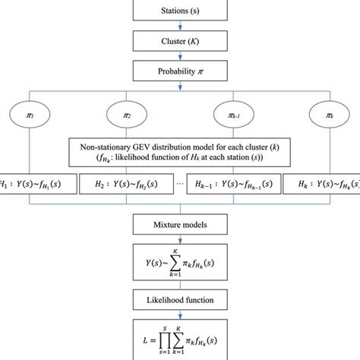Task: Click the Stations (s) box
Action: coord(179,11)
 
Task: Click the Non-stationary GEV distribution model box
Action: coord(180,150)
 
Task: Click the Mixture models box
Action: coord(179,225)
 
